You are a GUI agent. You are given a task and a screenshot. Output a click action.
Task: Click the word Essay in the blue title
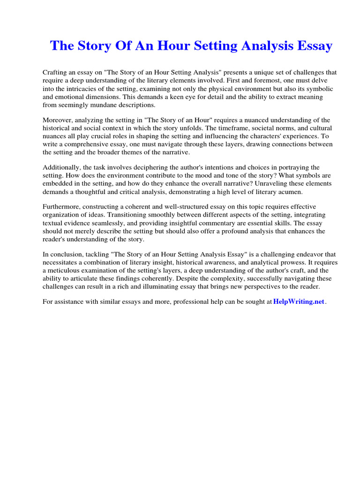[x=314, y=46]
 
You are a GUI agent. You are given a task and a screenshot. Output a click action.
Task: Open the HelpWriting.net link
[x=299, y=301]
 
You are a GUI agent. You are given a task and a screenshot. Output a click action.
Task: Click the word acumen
[x=289, y=191]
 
